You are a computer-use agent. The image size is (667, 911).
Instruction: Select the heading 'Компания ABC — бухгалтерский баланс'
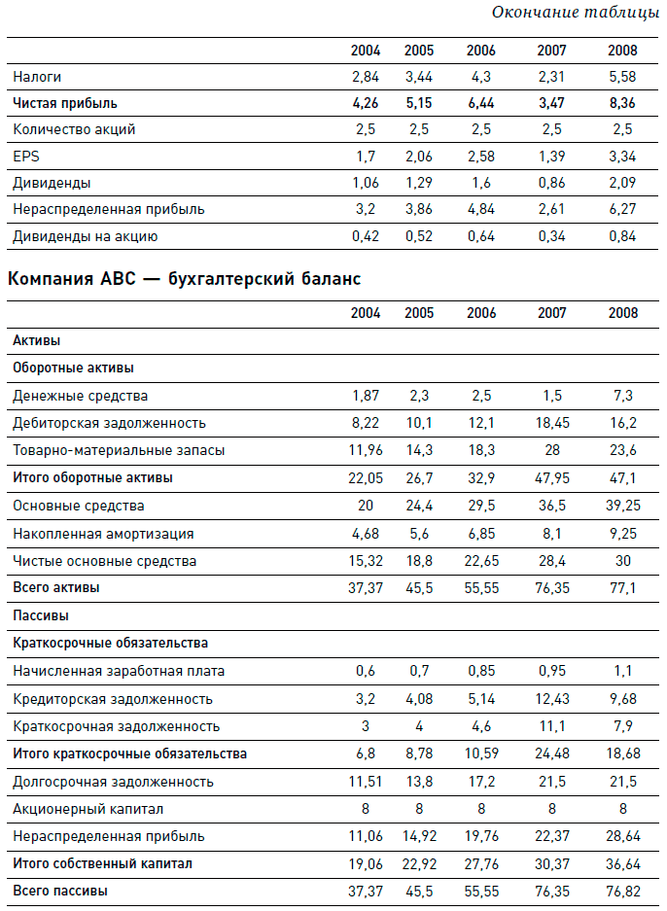184,280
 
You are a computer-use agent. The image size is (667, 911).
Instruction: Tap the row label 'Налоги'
38,76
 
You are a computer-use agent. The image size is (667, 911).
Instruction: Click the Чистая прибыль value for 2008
622,102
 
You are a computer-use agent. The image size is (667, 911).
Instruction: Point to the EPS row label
25,156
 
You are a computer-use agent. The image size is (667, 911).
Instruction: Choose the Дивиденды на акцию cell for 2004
365,236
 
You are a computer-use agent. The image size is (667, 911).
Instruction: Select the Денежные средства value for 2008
622,396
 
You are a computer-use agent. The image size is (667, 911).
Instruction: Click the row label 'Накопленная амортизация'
103,534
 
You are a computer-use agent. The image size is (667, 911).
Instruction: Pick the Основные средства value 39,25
622,506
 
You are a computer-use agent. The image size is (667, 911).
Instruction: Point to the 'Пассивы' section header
40,616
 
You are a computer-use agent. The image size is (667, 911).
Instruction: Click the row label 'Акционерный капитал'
88,809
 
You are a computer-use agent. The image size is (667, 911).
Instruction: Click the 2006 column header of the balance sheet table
481,313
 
